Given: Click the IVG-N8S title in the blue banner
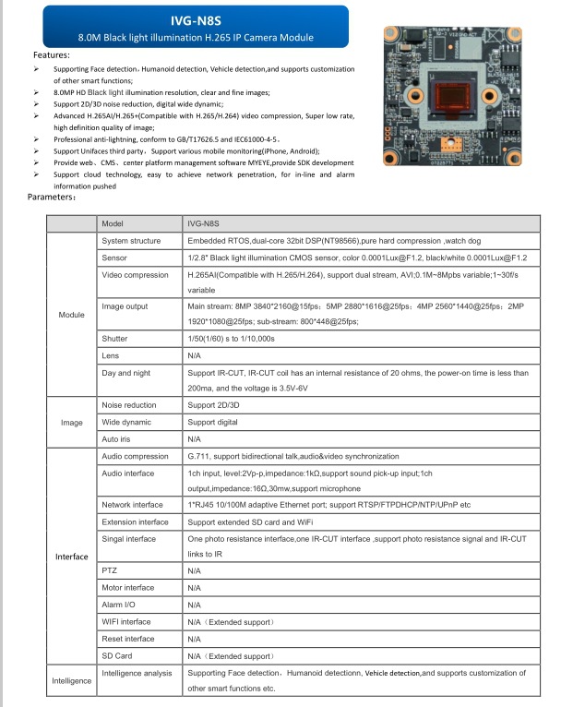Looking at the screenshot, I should click(x=194, y=17).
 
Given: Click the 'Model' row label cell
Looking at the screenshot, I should click(x=112, y=224).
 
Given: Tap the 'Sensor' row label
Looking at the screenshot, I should click(x=114, y=258).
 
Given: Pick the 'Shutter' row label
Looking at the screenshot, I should click(x=114, y=339).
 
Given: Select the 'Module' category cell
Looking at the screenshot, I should click(x=71, y=315).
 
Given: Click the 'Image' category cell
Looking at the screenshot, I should click(x=71, y=423).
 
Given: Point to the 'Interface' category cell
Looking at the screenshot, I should click(x=71, y=557).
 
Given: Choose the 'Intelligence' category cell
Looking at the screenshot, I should click(x=71, y=680).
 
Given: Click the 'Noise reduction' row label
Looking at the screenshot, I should click(x=129, y=405).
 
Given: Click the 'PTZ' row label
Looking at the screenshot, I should click(x=109, y=570).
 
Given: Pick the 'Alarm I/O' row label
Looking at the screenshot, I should click(x=118, y=605).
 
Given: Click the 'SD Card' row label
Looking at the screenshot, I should click(x=116, y=655).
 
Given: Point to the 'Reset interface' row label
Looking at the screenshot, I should click(x=127, y=639).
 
